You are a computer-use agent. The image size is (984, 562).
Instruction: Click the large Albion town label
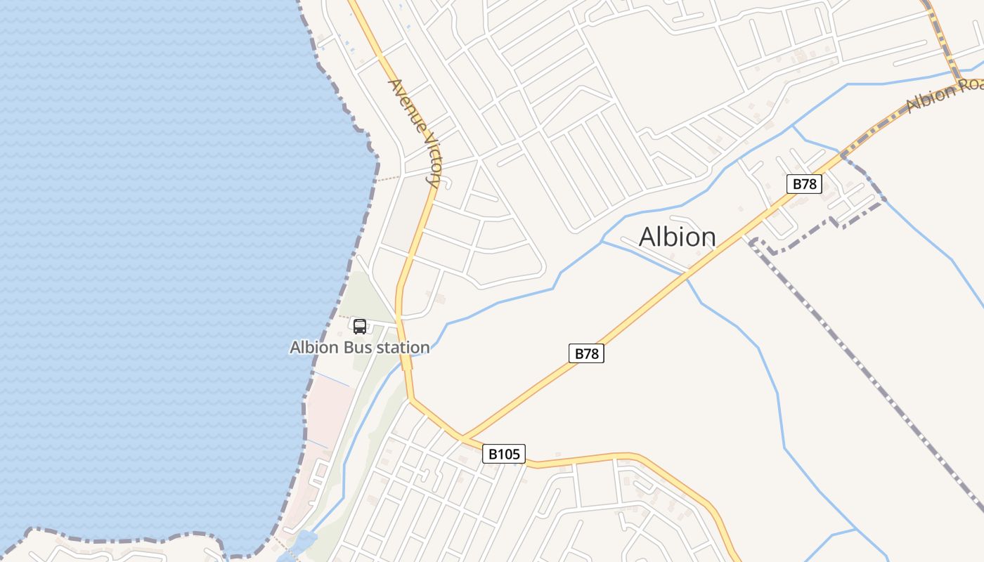pyautogui.click(x=677, y=237)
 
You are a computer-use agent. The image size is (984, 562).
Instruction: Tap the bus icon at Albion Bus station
pyautogui.click(x=359, y=326)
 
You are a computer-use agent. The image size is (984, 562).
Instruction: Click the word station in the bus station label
pyautogui.click(x=403, y=347)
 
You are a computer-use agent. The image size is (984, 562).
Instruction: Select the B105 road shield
pyautogui.click(x=505, y=454)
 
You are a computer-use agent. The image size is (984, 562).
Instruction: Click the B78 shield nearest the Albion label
pyautogui.click(x=804, y=184)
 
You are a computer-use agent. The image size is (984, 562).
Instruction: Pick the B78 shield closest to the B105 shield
pyautogui.click(x=586, y=353)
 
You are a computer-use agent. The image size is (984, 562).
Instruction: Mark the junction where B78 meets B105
pyautogui.click(x=463, y=438)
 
